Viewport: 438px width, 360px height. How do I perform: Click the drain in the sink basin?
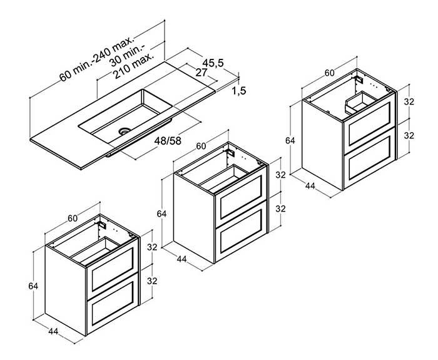point(125,130)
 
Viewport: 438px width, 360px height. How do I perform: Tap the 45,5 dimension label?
point(213,63)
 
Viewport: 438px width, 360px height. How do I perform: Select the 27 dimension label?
point(201,73)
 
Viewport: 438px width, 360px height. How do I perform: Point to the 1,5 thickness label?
point(239,91)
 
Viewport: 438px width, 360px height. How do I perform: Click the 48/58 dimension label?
point(168,141)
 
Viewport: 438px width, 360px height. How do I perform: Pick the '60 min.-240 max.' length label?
point(97,59)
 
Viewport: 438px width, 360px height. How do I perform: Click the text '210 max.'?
point(134,66)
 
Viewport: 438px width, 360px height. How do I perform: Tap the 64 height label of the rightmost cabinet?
point(290,140)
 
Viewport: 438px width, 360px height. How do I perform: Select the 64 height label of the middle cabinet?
point(161,214)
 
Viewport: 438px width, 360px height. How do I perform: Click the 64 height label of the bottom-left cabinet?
point(33,286)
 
